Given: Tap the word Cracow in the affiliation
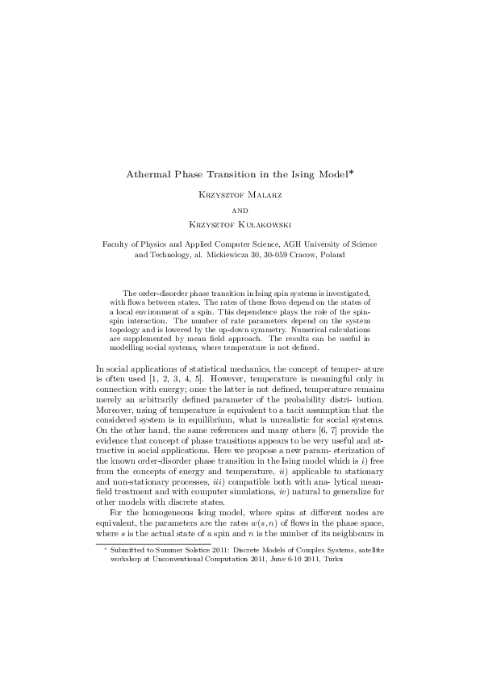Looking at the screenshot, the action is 314,255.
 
